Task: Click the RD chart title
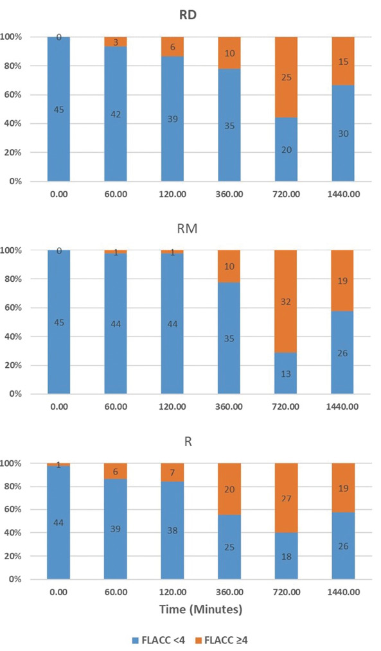click(188, 15)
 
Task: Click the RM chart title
click(188, 229)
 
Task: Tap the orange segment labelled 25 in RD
click(287, 77)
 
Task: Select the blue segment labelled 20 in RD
click(287, 150)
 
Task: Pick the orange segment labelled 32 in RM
click(285, 301)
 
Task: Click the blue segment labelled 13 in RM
click(285, 373)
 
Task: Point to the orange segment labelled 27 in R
click(287, 498)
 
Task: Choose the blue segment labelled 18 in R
click(287, 556)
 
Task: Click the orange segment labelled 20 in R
click(229, 489)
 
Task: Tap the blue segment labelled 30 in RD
click(343, 134)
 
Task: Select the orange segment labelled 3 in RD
click(116, 42)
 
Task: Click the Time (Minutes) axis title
click(200, 609)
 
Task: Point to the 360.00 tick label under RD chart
click(229, 194)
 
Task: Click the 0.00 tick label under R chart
click(58, 592)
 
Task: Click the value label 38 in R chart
click(172, 530)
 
